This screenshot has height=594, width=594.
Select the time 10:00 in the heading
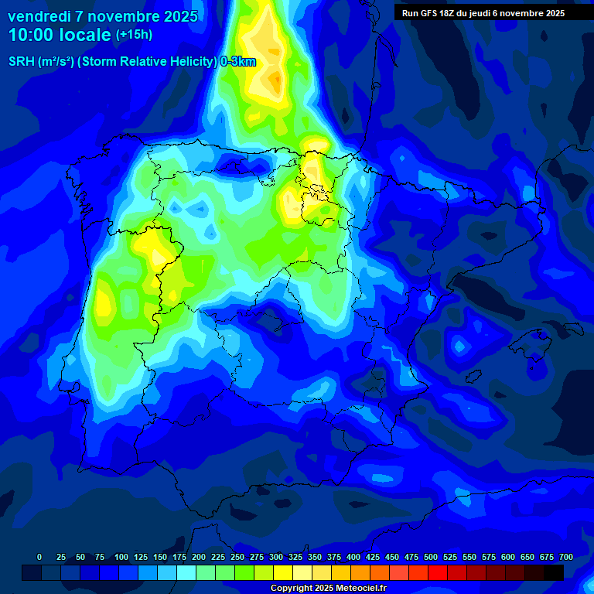pos(32,35)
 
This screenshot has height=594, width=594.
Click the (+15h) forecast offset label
pos(134,35)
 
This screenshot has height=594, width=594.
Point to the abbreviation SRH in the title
pos(21,62)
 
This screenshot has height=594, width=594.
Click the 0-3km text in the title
pos(237,62)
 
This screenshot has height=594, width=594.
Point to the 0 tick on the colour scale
pos(39,558)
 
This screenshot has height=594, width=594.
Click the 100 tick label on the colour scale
pos(121,558)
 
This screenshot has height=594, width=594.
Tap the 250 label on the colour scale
pos(237,558)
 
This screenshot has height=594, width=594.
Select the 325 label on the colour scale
pos(295,558)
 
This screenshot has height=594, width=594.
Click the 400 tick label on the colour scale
pos(353,558)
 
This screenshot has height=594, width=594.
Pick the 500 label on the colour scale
pos(431,558)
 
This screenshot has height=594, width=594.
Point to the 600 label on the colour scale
pos(508,558)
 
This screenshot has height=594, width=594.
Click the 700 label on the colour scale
pos(566,558)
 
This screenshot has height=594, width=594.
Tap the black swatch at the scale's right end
pos(554,572)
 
